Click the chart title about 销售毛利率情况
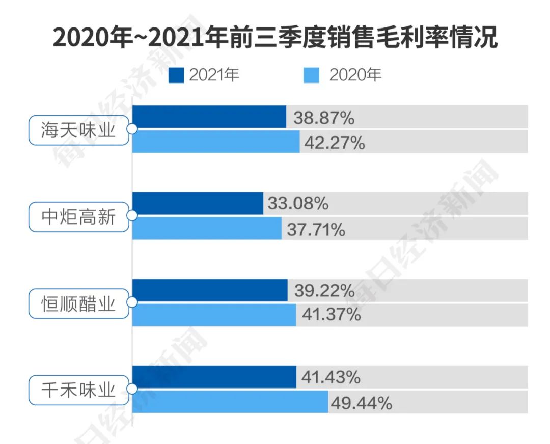tap(275, 38)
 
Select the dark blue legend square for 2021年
tap(176, 76)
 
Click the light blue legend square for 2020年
tap(312, 76)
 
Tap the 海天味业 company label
tap(78, 130)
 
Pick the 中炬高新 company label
tap(78, 217)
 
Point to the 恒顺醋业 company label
tap(78, 303)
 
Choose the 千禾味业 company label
tap(78, 391)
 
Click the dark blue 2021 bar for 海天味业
tap(209, 117)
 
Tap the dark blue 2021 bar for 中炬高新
tap(198, 204)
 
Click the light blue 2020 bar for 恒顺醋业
tap(214, 315)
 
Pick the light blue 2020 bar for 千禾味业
tap(230, 402)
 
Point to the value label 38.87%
tap(323, 118)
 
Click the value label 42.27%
tap(334, 143)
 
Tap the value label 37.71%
tap(316, 230)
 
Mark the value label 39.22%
tap(324, 291)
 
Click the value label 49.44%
tap(361, 404)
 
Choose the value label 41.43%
tap(331, 378)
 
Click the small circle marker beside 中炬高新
tap(132, 216)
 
